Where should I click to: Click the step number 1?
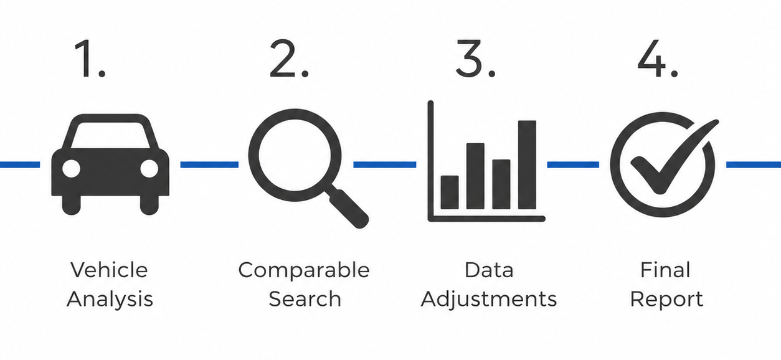point(89,59)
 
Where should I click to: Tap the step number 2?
point(289,59)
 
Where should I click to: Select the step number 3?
point(476,59)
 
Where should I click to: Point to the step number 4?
point(658,59)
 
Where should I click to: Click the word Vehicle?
point(109,270)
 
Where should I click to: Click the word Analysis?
point(110,300)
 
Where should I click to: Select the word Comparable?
point(304,270)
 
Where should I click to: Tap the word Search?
point(305,300)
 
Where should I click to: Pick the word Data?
point(489,270)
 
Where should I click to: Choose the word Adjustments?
point(488,300)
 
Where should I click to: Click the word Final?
point(665,270)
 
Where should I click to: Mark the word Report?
point(666,300)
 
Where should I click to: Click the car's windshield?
point(110,135)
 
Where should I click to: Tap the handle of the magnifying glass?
point(348,208)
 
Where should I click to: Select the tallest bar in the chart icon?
point(527,164)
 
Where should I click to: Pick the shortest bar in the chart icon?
point(450,192)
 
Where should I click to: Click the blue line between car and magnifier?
point(209,164)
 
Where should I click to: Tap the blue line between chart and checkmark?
point(573,164)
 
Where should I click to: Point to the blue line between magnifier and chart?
point(384,164)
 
